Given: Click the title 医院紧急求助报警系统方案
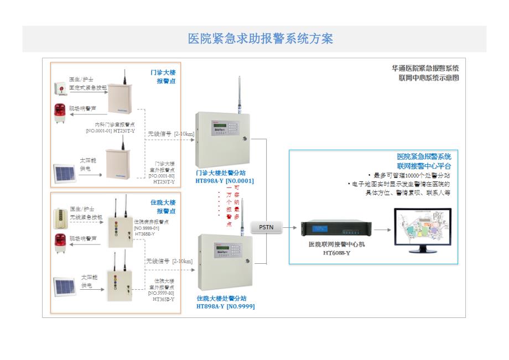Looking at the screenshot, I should tap(261, 39).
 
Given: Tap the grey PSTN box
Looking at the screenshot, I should tap(266, 227).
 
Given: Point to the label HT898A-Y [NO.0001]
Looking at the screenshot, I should tap(225, 181).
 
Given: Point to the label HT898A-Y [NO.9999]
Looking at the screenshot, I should tap(226, 306).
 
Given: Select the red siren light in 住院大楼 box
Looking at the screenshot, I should tap(60, 241).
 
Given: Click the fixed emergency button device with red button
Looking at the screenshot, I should tap(60, 88).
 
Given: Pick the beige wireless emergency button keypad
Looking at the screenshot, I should tap(59, 217).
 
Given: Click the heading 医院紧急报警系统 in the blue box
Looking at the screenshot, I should tap(424, 156).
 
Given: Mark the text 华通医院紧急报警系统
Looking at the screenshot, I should tap(425, 69).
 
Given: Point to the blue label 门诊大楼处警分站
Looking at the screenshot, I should tap(221, 173).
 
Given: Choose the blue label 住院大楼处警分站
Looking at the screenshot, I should tap(222, 298).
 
